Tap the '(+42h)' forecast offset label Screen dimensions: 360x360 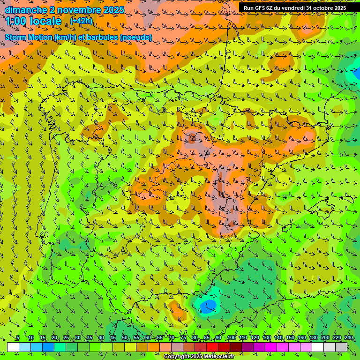(81, 21)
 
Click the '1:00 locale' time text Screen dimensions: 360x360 (34, 21)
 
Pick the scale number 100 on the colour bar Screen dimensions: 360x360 (232, 337)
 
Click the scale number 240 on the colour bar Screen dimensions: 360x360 (349, 337)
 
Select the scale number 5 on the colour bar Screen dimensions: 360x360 (17, 337)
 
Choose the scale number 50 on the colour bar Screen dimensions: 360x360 (125, 337)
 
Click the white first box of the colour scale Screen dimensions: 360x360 (13, 347)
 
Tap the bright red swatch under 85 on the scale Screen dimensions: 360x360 (212, 347)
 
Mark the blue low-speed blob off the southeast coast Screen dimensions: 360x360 (208, 306)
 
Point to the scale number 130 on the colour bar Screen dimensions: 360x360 (267, 337)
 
